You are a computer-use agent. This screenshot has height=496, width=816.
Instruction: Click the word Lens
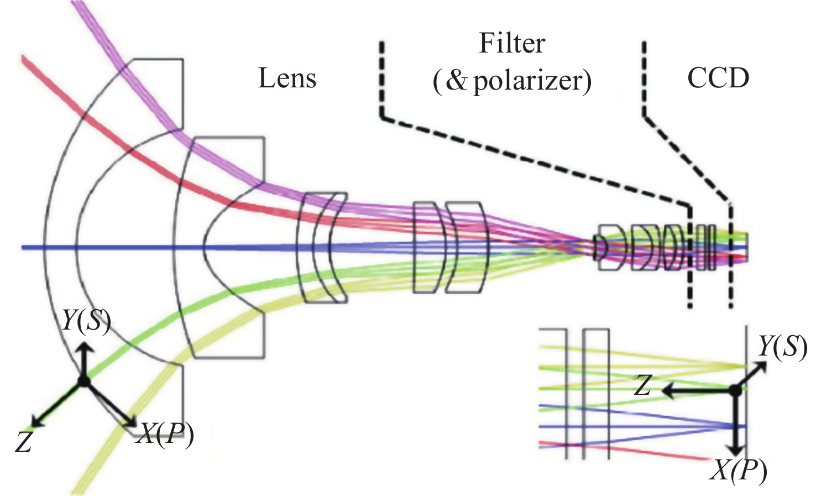tap(287, 78)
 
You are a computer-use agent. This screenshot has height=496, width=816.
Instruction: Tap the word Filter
tap(512, 43)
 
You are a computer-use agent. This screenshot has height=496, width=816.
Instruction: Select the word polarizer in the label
tap(529, 81)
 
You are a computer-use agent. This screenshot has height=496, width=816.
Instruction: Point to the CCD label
tap(718, 78)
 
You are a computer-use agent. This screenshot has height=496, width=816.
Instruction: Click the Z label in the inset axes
tap(642, 385)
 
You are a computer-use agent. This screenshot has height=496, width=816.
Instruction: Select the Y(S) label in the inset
tap(782, 346)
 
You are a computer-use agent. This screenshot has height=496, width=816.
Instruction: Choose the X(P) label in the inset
tap(739, 471)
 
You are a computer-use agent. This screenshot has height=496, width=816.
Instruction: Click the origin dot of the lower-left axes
tap(83, 381)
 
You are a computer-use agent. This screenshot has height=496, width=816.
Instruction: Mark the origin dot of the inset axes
tap(735, 390)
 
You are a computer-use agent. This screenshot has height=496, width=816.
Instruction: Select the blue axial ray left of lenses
tap(111, 247)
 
